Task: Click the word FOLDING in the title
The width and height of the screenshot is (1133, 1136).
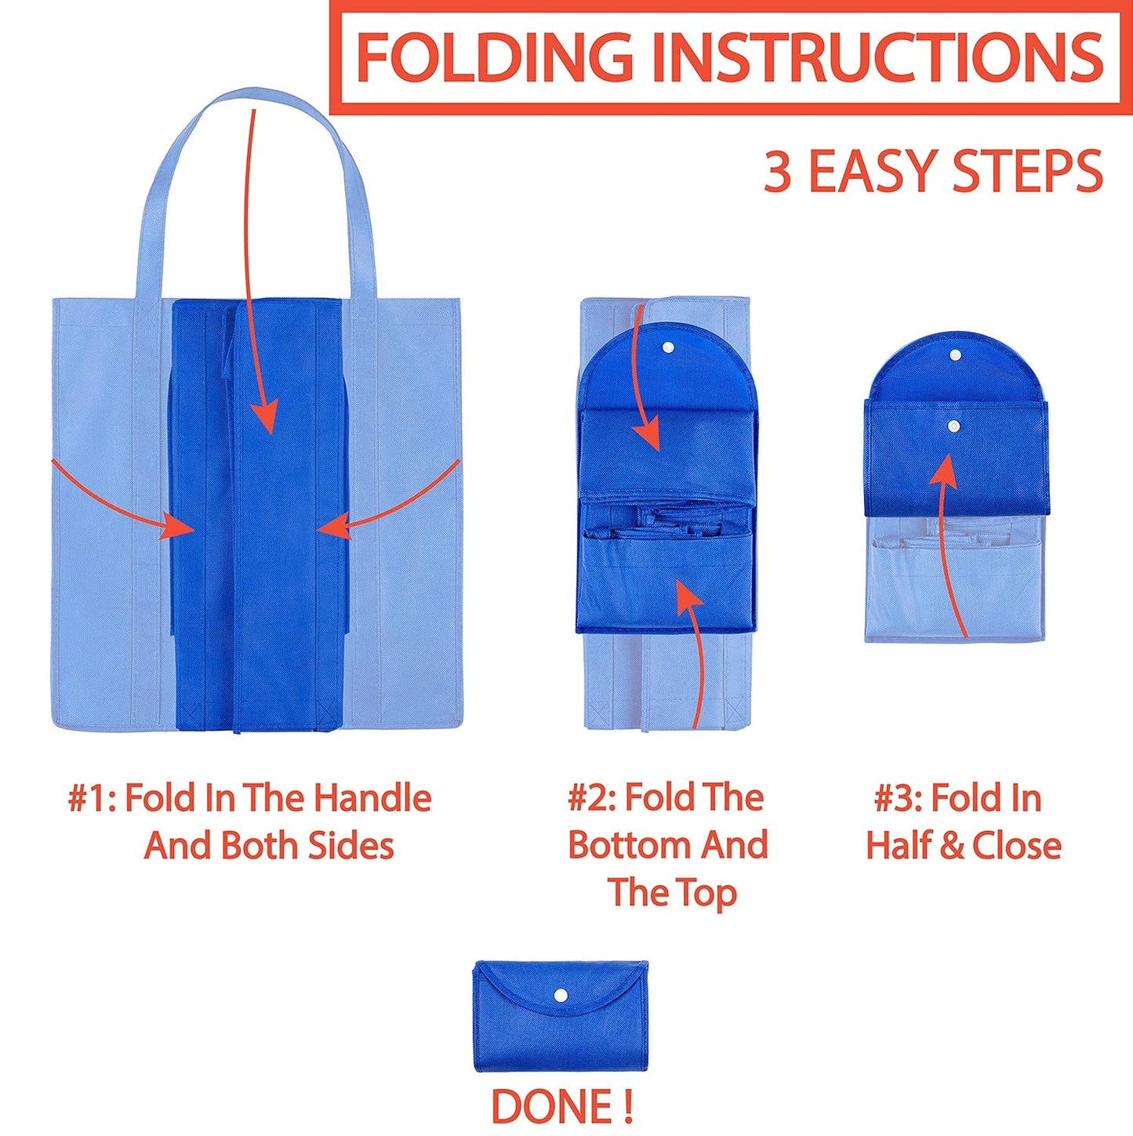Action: (494, 56)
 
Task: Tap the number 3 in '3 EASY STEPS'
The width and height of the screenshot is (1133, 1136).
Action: (777, 172)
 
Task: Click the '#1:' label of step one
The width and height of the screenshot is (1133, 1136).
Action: (91, 799)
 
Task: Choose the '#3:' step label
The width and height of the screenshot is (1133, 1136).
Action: (897, 799)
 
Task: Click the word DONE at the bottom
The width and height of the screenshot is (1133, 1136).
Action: (551, 1106)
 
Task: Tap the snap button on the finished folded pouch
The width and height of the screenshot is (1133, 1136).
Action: (561, 996)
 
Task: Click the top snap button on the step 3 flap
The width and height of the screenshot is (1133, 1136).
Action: (955, 355)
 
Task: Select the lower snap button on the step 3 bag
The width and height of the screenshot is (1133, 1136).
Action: (953, 426)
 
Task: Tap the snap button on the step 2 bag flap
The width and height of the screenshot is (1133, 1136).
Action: (668, 347)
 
